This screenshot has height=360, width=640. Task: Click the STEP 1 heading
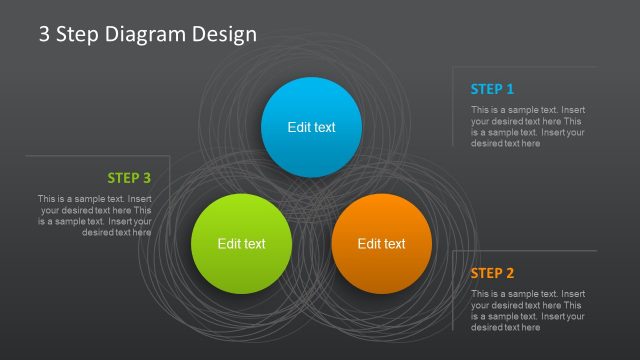point(492,88)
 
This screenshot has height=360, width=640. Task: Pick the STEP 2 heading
point(492,273)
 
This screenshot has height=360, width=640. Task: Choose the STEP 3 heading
point(129,178)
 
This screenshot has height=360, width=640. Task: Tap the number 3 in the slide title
point(44,34)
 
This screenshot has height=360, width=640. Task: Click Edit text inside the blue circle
point(311,127)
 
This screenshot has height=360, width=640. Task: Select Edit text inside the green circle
point(241,243)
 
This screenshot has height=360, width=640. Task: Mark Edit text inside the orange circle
point(381,243)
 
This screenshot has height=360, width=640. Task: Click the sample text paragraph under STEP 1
point(528,126)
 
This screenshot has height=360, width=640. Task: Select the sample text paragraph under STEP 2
point(528,310)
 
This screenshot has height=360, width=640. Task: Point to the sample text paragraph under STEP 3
point(95,215)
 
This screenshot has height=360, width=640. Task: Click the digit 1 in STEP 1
point(510,88)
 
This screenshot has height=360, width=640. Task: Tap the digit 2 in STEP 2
point(510,273)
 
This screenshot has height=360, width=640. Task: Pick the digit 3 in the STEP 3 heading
point(147,178)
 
